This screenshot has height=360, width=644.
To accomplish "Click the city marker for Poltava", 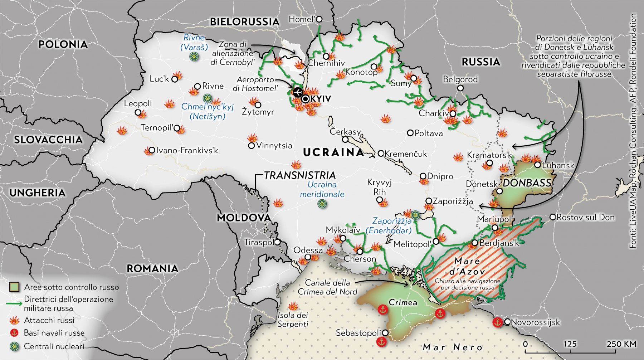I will [410, 133].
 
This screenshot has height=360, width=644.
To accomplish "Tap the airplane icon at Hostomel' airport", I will [297, 92].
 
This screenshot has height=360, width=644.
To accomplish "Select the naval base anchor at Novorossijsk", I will [497, 322].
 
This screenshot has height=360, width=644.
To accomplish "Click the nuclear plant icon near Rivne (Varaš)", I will [194, 56].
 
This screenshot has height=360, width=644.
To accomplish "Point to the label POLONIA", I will [63, 44].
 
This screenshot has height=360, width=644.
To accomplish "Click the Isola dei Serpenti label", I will [293, 320].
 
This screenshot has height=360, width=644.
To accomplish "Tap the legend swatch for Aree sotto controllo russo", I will [14, 287].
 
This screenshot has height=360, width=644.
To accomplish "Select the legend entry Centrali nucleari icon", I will [14, 346].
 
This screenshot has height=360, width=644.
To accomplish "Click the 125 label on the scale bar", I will [570, 344].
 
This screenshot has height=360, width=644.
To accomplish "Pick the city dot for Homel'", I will [319, 19].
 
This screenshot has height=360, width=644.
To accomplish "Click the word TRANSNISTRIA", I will [300, 175].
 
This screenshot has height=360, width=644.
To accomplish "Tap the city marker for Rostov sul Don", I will [552, 217].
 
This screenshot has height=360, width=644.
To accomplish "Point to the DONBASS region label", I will [527, 183].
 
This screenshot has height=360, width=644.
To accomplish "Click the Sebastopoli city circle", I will [385, 333].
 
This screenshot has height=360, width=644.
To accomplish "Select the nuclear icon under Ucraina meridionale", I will [322, 204].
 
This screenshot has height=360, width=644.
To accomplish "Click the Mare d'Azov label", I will [467, 266].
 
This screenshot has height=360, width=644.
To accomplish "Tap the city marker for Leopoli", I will [138, 112].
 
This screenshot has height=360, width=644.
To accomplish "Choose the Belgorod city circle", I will [460, 88].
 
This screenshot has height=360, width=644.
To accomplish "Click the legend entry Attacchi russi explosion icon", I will [14, 320].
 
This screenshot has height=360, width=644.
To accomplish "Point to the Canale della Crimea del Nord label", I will [327, 287].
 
